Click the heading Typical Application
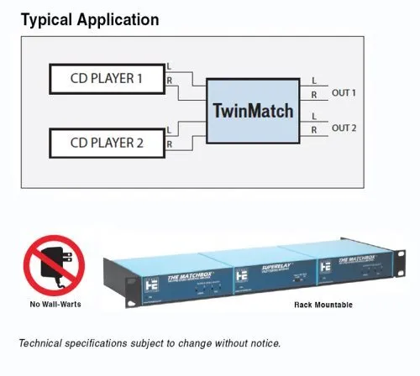[x=89, y=18]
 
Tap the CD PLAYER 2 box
[x=106, y=142]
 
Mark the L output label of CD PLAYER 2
[x=171, y=131]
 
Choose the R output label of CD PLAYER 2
[x=171, y=144]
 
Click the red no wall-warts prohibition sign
[x=54, y=265]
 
